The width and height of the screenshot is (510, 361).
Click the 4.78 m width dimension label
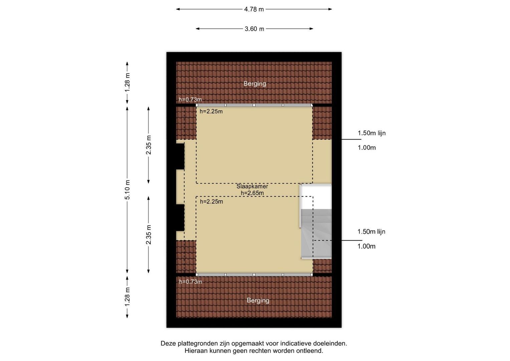pos(254,9)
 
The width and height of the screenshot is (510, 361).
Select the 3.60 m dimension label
pos(254,29)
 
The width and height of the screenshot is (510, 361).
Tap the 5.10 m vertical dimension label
pos(127,190)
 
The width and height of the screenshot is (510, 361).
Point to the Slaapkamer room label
pos(252,186)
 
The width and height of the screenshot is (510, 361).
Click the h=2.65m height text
pos(252,193)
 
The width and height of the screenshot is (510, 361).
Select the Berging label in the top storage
pos(255,84)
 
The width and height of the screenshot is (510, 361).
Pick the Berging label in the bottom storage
pos(258,300)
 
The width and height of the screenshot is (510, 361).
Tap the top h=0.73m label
pos(190,99)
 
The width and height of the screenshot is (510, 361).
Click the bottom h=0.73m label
pos(191,282)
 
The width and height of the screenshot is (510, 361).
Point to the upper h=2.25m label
pos(211,111)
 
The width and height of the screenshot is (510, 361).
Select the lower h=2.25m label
pos(211,202)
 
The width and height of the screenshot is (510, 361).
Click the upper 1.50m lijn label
pos(372,133)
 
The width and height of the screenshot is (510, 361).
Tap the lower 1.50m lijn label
pos(371,232)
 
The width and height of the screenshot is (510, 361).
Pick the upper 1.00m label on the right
pos(367,148)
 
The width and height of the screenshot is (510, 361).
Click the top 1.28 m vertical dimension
pos(127,83)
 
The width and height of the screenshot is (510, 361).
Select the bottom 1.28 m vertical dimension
pos(127,297)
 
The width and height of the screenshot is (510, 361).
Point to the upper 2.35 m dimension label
pos(148,145)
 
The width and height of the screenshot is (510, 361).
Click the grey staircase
pos(316,234)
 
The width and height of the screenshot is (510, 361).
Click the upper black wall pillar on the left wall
pos(180,156)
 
